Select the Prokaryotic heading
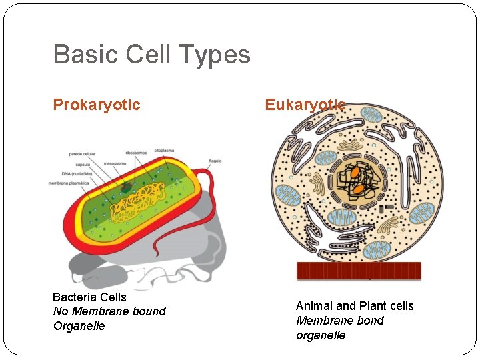pos(97,105)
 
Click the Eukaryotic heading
pos(305,105)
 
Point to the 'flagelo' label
pos(215,161)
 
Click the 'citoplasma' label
pos(165,150)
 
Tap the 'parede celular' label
pos(83,154)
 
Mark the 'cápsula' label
pos(80,163)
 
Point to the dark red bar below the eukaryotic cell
pos(359,271)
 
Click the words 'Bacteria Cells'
pos(89,297)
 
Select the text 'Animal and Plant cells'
pos(355,306)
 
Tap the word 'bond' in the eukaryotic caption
pos(369,321)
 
